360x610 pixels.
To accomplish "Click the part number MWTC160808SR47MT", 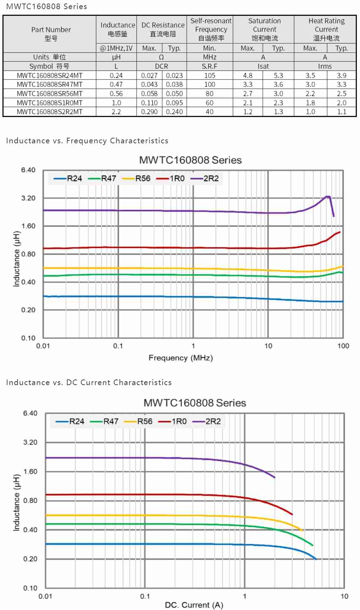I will tap(50, 84).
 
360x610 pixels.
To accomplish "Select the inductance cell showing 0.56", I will tap(116, 94).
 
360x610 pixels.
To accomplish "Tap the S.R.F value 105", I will tap(210, 75).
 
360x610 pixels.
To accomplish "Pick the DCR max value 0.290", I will tap(149, 112).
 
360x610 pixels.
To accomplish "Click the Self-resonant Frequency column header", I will tap(211, 29).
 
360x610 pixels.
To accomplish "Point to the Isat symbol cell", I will tap(263, 66).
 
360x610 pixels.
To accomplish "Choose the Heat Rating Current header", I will tap(326, 29).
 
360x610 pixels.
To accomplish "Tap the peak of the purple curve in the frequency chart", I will tap(328, 197).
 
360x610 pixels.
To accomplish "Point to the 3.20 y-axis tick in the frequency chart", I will tap(28, 198).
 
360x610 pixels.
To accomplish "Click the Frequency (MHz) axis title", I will tap(181, 358).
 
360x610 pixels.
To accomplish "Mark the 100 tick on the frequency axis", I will tap(343, 346).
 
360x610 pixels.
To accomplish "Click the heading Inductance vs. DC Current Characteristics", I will tap(89, 382).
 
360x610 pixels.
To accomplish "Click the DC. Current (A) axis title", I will tap(194, 605).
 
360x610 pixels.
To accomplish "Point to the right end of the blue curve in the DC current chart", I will tap(315, 559).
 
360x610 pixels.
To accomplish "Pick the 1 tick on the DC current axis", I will tap(245, 596).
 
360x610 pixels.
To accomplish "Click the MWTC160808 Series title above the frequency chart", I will tap(190, 160).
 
